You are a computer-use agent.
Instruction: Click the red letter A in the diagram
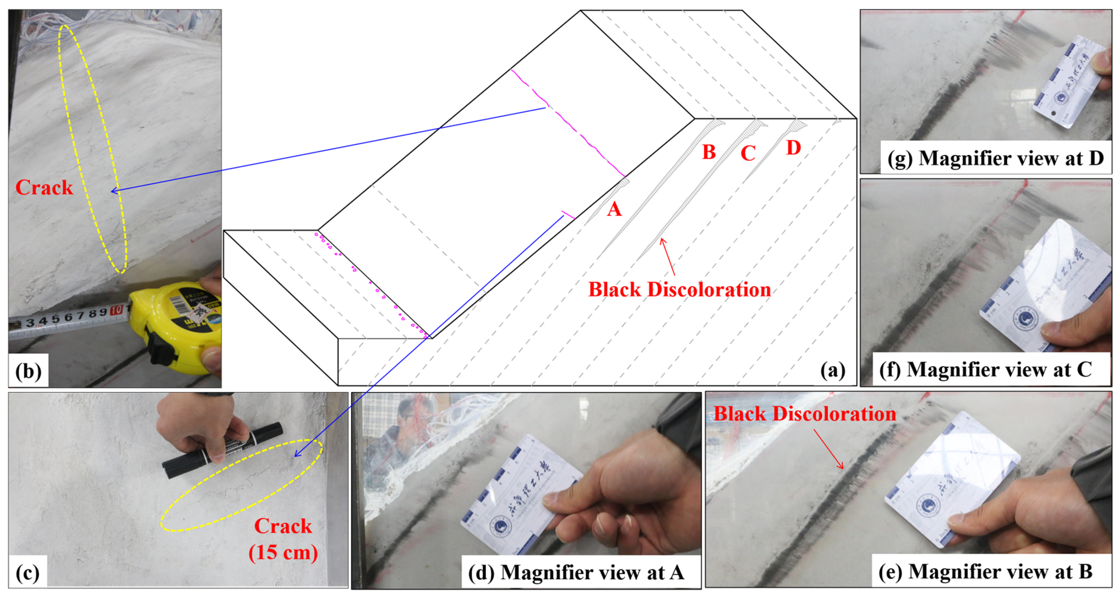[614, 210]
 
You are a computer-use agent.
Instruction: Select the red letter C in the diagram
[748, 153]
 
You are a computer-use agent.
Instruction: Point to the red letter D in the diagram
[794, 148]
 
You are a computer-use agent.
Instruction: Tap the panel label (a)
[833, 370]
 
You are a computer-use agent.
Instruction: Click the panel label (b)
[28, 371]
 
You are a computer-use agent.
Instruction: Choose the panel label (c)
[27, 572]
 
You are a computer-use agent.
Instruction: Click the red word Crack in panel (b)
[44, 188]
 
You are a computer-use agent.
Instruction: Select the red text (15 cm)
[283, 552]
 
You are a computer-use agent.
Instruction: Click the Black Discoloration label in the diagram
[679, 290]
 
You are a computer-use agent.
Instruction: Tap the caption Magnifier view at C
[999, 370]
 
